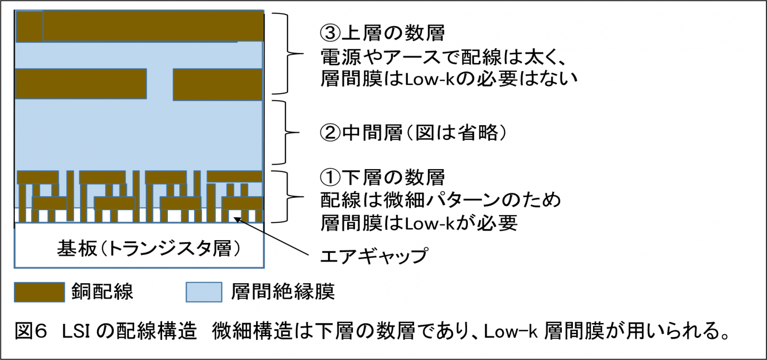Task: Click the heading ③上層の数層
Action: [383, 33]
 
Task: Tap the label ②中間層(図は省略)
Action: [414, 133]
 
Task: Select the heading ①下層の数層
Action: [383, 177]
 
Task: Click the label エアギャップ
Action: [373, 255]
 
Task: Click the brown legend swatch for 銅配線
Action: [39, 292]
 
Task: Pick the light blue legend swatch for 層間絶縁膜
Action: [204, 292]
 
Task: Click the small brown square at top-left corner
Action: [30, 26]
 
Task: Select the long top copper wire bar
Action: [153, 26]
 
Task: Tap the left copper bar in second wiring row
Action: [81, 84]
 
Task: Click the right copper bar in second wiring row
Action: [218, 84]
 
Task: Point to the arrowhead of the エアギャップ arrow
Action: [236, 219]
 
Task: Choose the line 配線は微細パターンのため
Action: [441, 200]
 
